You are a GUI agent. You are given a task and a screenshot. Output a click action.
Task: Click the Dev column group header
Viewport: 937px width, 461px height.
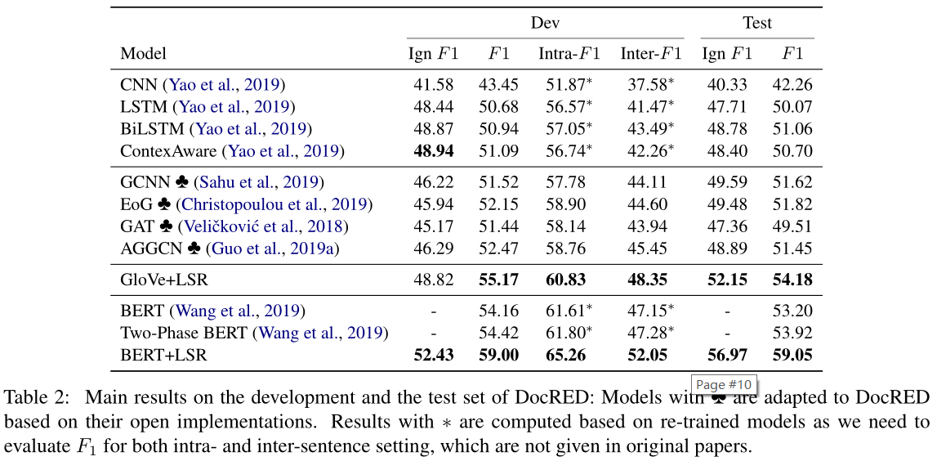point(545,23)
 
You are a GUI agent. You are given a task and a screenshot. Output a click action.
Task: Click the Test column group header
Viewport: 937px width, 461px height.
point(756,23)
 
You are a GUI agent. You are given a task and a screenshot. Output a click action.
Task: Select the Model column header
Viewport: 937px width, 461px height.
point(143,54)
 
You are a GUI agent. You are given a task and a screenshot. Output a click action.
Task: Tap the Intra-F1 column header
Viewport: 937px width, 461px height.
point(569,54)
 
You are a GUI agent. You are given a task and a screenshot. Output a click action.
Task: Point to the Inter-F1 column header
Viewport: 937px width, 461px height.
point(650,54)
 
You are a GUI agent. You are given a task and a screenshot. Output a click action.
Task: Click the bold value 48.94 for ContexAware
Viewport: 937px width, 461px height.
point(433,151)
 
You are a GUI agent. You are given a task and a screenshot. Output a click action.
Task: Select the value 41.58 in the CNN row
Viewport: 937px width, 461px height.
point(433,85)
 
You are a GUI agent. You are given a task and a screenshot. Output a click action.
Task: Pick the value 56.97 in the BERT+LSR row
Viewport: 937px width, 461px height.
point(726,356)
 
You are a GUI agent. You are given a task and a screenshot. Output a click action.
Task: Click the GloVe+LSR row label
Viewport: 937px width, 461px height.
point(164,280)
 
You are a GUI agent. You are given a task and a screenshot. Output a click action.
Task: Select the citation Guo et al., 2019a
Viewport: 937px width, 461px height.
point(273,248)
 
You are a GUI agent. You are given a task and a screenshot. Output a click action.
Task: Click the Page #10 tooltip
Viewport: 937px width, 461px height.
point(723,384)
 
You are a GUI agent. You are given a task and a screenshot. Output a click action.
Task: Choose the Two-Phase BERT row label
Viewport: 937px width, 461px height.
point(185,333)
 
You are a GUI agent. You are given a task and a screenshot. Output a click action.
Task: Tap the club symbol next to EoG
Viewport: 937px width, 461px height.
point(162,204)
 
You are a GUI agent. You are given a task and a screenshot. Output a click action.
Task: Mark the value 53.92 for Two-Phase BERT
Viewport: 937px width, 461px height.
point(792,333)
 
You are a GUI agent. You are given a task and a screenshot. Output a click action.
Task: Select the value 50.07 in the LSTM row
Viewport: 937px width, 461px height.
point(792,107)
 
